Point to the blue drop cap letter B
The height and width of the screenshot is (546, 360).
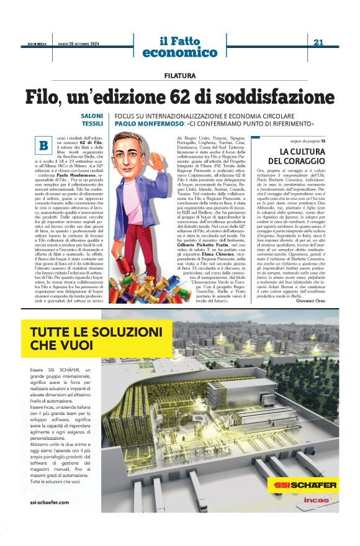coord(44,145)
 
